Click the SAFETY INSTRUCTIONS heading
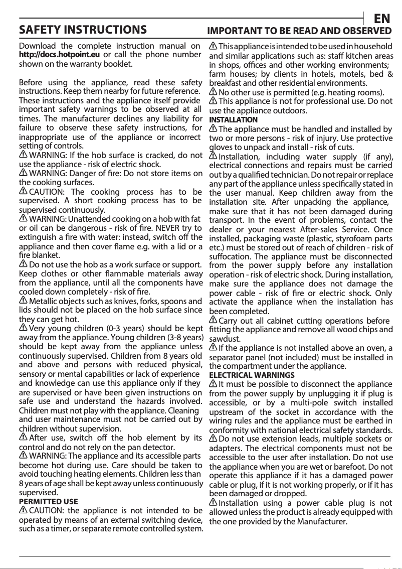point(83,30)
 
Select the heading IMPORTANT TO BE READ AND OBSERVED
point(299,31)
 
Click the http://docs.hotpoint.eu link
point(59,55)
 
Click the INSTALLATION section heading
point(233,120)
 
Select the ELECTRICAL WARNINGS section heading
point(252,375)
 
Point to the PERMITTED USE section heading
point(48,501)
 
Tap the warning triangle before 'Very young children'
point(23,327)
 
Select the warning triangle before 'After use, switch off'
point(23,437)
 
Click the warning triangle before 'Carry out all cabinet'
point(213,320)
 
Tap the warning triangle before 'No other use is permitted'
point(213,92)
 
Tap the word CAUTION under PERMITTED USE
point(46,510)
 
